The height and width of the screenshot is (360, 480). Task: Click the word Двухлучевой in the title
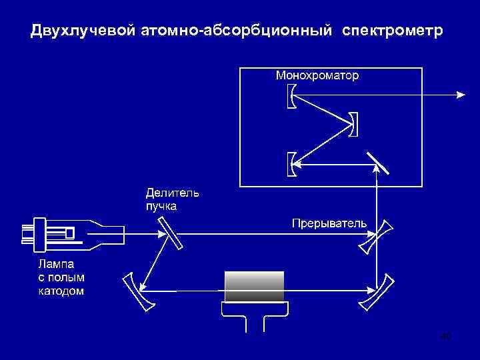pos(83,31)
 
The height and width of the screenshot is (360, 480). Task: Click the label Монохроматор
pos(317,75)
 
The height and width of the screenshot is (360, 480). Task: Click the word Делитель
pos(173,193)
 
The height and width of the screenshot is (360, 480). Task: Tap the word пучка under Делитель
pos(161,206)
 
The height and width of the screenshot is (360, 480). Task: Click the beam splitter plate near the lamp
pos(169,234)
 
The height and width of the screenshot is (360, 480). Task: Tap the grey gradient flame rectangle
pos(255,287)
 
